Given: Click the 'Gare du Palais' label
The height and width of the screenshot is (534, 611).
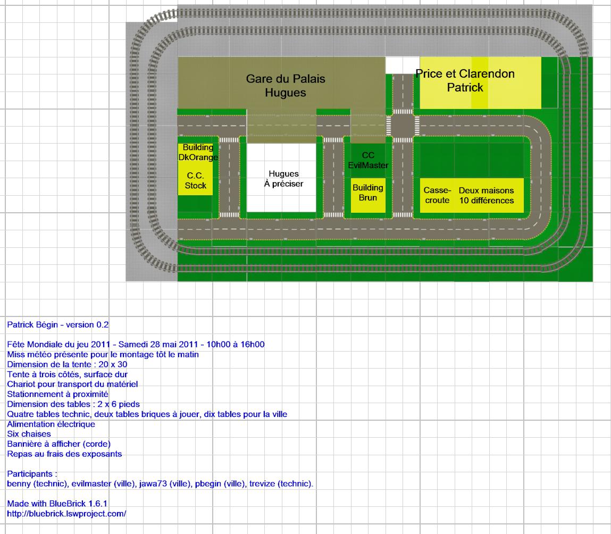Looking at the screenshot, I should (x=285, y=79).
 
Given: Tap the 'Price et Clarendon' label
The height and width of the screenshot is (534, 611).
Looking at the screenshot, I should (x=465, y=73).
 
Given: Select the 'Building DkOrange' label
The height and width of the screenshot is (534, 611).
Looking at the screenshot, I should (x=198, y=152).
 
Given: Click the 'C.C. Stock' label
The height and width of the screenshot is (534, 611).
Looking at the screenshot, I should (x=195, y=180).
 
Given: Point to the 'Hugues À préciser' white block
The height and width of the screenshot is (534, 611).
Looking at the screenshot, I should (x=283, y=179).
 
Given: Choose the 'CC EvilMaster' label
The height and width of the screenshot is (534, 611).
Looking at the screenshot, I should (x=368, y=160).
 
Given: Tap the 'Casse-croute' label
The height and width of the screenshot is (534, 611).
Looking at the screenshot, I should (x=437, y=195).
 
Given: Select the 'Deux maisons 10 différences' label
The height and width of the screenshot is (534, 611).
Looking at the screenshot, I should (x=486, y=195).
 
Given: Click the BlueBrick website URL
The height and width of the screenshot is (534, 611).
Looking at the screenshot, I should (x=66, y=514).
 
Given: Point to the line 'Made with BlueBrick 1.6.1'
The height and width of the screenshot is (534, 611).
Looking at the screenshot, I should (x=57, y=503).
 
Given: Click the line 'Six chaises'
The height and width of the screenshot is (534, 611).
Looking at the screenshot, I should (x=29, y=434).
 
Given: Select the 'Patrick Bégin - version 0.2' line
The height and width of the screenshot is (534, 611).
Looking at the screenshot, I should (x=58, y=324).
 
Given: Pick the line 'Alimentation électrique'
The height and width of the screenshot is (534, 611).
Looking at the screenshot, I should (x=51, y=424).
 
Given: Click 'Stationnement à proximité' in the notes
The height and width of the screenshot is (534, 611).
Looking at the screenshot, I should (x=57, y=394).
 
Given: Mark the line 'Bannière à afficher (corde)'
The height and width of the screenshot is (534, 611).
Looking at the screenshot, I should (x=58, y=444).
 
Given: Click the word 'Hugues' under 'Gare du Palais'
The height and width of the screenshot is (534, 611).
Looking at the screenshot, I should (x=285, y=93).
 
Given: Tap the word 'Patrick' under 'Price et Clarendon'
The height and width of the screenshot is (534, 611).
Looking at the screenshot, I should (x=465, y=87).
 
